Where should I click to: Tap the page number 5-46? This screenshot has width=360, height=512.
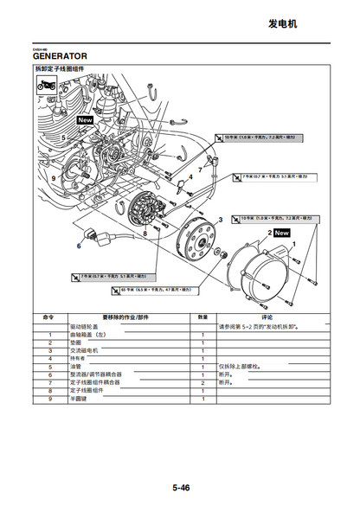click(180, 487)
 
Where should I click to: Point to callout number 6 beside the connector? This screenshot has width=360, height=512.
click(79, 245)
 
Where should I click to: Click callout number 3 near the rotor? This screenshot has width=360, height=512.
click(220, 221)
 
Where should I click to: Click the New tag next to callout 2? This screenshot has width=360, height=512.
click(282, 233)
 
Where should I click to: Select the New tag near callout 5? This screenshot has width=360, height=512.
click(85, 120)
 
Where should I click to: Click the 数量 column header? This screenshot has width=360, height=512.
click(202, 317)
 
